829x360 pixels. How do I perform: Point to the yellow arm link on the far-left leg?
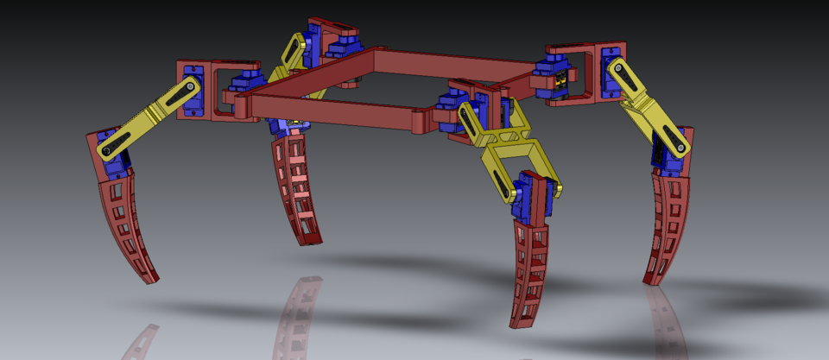147,121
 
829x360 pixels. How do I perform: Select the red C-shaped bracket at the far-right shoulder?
596,69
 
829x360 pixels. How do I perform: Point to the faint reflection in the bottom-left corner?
140,343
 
